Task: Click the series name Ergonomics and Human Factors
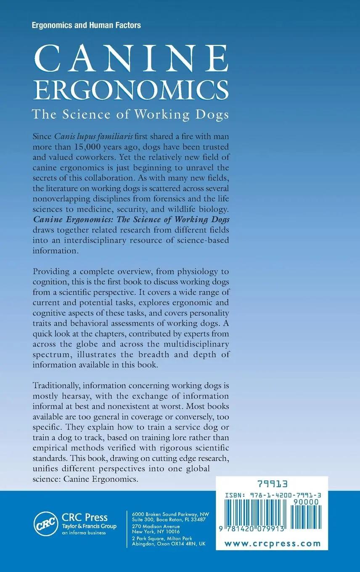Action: coord(86,25)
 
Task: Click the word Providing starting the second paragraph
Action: coord(53,272)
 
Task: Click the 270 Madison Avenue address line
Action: coord(156,526)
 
